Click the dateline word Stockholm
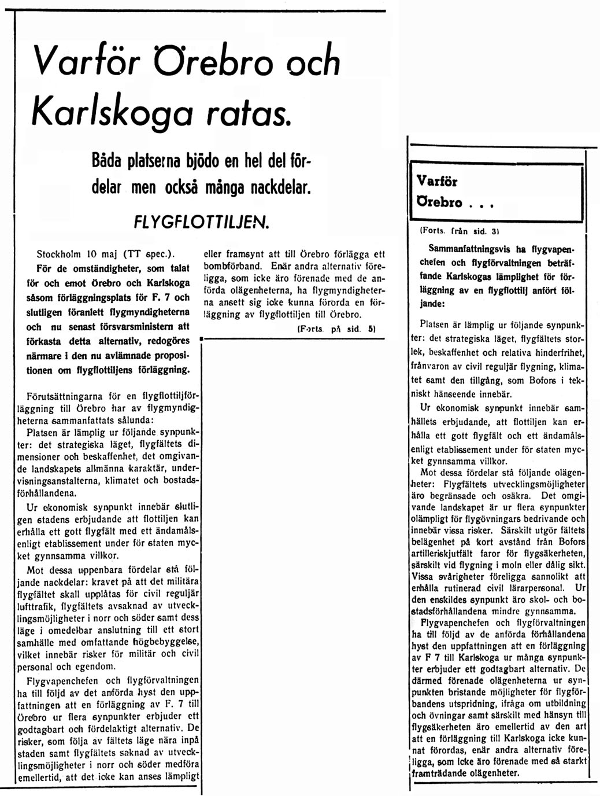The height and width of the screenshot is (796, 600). point(60,253)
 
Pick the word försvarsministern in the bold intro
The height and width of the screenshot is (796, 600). point(145,327)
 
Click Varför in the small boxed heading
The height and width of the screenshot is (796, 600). point(437,182)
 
